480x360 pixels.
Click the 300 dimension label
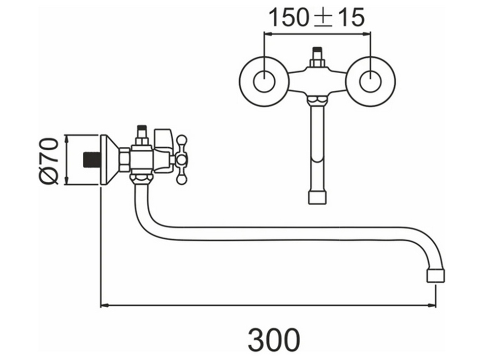coord(274,340)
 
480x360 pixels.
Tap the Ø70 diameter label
coord(49,161)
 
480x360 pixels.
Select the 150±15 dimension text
coord(316,17)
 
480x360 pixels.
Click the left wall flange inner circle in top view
coord(265,81)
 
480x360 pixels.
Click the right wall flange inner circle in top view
coord(370,81)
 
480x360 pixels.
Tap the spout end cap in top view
coord(317,198)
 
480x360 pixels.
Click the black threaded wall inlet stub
coord(92,159)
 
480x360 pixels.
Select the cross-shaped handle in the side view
coord(181,159)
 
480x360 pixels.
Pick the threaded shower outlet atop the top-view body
coord(317,57)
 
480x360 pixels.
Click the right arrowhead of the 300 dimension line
coord(432,305)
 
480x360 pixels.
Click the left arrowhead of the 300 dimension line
coord(105,305)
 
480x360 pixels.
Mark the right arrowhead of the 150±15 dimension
coord(366,34)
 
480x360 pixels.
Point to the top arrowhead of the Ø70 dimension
coord(67,139)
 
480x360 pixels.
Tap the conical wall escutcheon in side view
coord(110,159)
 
